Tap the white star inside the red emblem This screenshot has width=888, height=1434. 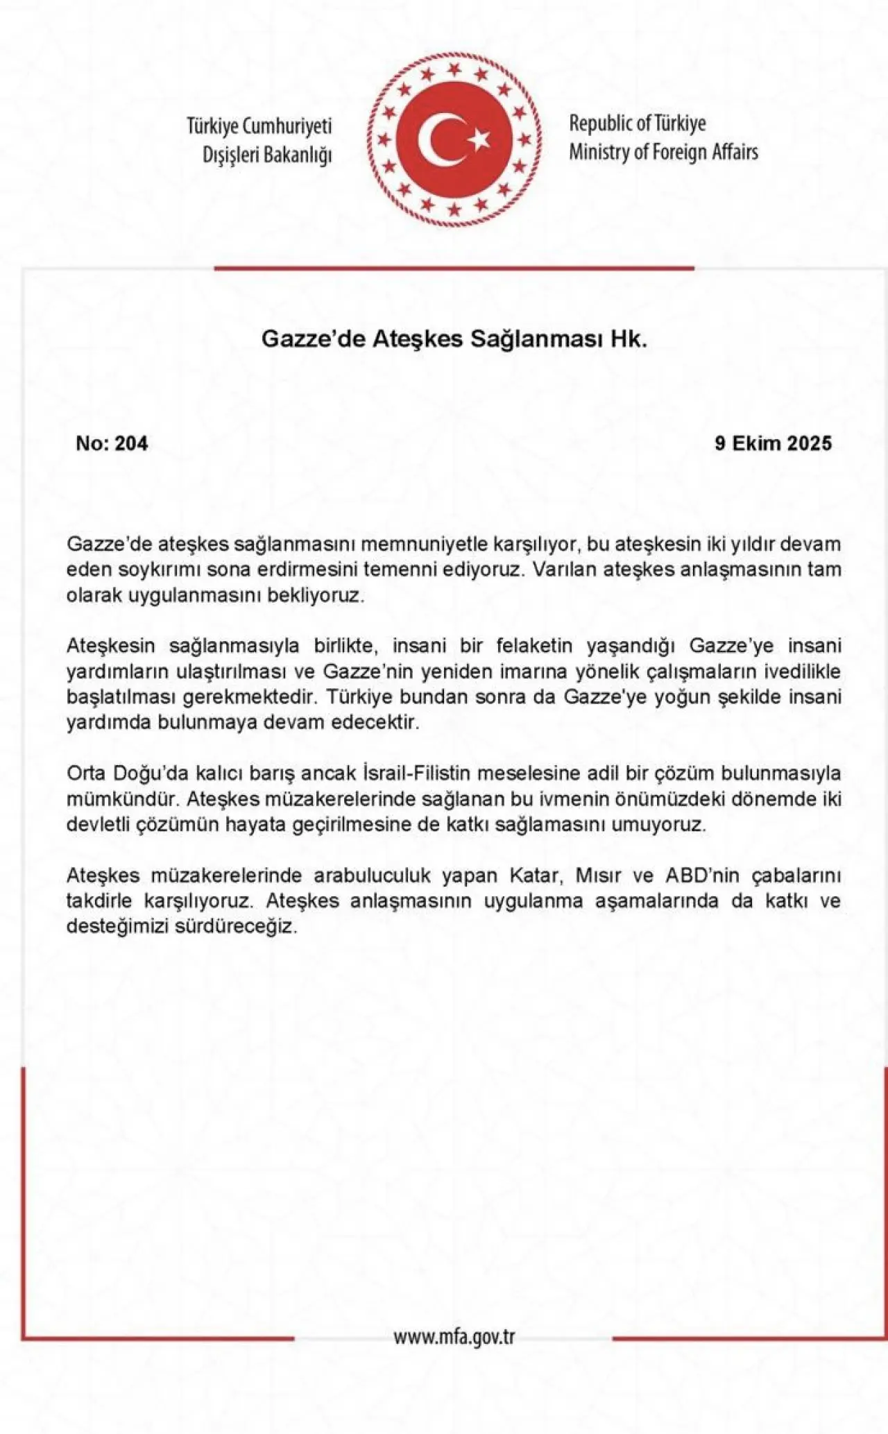coord(478,140)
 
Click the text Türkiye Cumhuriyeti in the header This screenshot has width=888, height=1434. coord(259,126)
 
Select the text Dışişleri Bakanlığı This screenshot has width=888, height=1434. coord(267,155)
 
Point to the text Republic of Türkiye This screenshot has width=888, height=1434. coord(638,123)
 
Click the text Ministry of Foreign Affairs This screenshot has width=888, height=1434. coord(663,152)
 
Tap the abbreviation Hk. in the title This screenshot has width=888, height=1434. coord(629,339)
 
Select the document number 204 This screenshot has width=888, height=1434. coord(132,443)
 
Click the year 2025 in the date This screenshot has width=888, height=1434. coord(810,443)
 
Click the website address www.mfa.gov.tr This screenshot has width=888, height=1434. coord(454,1337)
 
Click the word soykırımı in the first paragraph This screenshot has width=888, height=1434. coord(176,570)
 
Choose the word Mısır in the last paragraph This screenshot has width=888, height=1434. coord(599,876)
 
